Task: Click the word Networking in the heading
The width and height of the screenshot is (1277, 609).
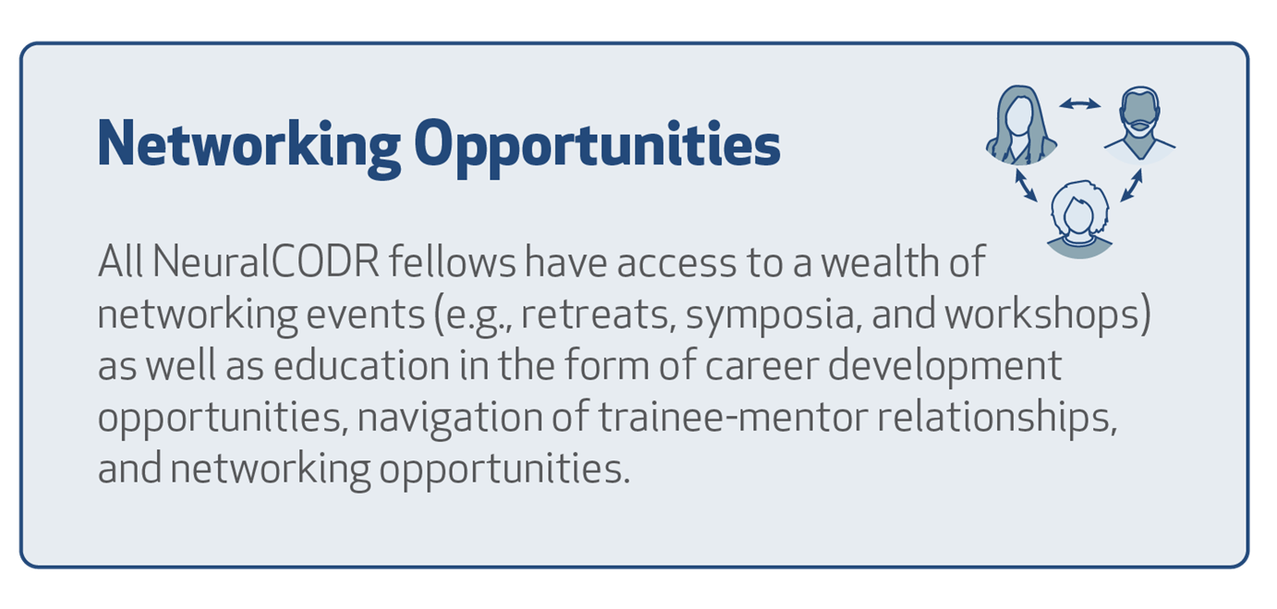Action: tap(249, 145)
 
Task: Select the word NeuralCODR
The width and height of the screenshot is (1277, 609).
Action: tap(266, 262)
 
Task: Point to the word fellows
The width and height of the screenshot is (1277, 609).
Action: tap(452, 262)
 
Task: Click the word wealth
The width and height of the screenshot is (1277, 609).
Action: tap(881, 262)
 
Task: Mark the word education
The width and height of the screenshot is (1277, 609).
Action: tap(361, 366)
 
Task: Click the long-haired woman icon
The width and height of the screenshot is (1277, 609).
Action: tap(1021, 125)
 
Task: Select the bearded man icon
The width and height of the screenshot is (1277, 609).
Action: tap(1139, 125)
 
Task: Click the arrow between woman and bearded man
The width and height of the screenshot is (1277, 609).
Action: tap(1080, 104)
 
